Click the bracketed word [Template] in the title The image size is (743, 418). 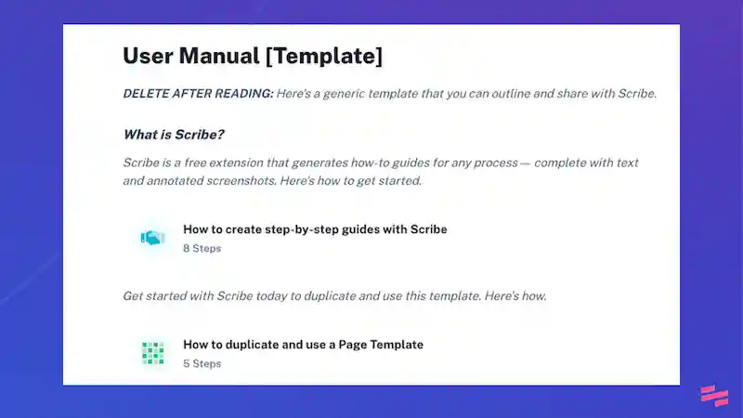click(323, 56)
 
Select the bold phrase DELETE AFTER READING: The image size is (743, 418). click(198, 94)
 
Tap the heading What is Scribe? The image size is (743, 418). click(174, 135)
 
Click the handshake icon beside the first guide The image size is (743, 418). click(152, 238)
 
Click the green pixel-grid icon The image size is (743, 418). click(152, 353)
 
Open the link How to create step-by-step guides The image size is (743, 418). click(315, 229)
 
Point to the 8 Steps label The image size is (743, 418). click(202, 249)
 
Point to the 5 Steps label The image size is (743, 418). click(202, 364)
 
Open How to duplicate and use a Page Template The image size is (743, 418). click(303, 345)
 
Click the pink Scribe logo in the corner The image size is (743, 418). click(713, 396)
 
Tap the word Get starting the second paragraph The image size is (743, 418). click(134, 296)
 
